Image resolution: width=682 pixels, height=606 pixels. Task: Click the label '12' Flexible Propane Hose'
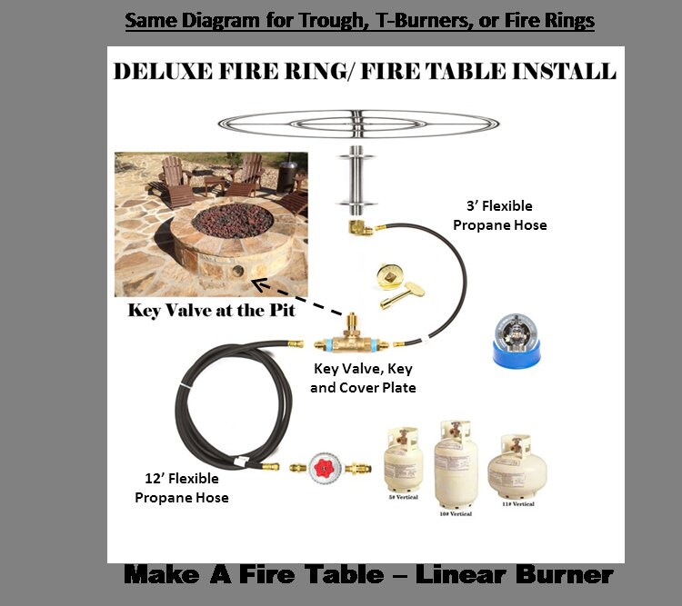[x=182, y=489]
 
